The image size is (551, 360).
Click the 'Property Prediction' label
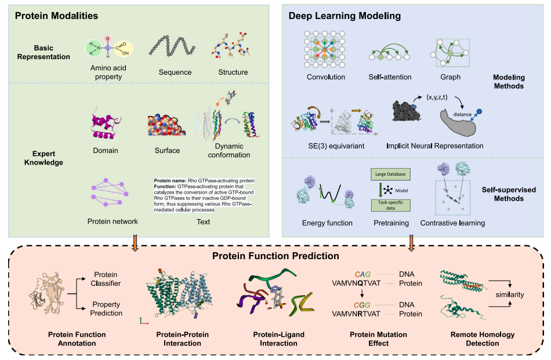(x=106, y=308)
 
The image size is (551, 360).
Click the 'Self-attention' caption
(x=390, y=77)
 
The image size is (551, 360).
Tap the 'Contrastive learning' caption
(x=452, y=223)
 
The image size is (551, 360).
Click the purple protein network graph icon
(x=110, y=194)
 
